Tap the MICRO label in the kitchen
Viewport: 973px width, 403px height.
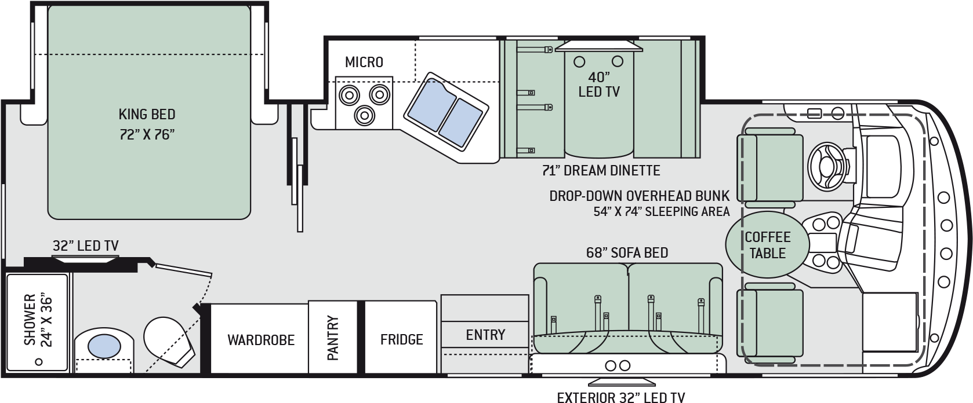pyautogui.click(x=364, y=63)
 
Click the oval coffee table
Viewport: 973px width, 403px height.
pyautogui.click(x=768, y=245)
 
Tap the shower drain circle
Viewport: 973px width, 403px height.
pyautogui.click(x=39, y=361)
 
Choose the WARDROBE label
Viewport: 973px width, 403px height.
pyautogui.click(x=261, y=340)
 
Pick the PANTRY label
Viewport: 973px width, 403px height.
pyautogui.click(x=333, y=338)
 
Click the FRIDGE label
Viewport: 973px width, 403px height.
pyautogui.click(x=401, y=339)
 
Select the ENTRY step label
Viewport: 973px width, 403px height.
pyautogui.click(x=486, y=335)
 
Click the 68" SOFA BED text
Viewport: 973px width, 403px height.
pyautogui.click(x=627, y=252)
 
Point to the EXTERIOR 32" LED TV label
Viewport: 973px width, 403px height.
pyautogui.click(x=620, y=397)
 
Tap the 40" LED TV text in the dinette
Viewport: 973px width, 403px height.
pyautogui.click(x=599, y=85)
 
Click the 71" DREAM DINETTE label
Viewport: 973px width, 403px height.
pyautogui.click(x=601, y=170)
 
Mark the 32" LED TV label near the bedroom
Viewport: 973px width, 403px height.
pyautogui.click(x=86, y=246)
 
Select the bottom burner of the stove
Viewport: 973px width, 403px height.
pyautogui.click(x=364, y=115)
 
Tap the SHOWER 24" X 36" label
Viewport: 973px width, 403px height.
pyautogui.click(x=38, y=320)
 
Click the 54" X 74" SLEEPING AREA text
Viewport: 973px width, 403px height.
pyautogui.click(x=662, y=212)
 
